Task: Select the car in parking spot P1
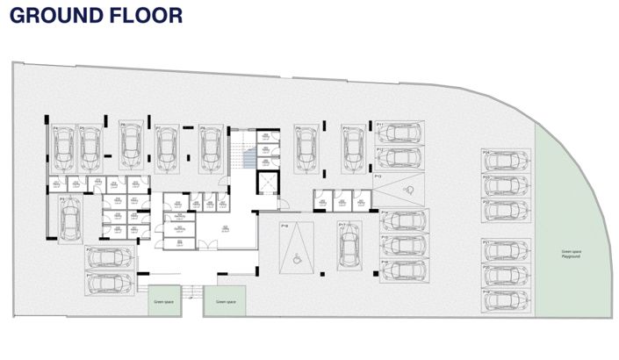coord(112,283)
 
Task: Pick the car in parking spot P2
coord(112,258)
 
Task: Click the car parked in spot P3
coord(70,217)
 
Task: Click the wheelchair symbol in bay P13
coord(405,189)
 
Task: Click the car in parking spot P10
coord(354,147)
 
